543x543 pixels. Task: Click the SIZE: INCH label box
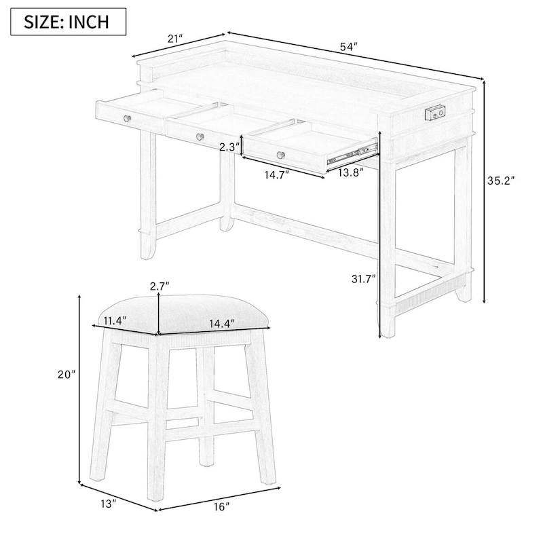(x=67, y=21)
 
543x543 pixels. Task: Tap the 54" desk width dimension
(x=349, y=47)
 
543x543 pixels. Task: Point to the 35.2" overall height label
(x=502, y=181)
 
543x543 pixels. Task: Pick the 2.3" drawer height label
(x=229, y=147)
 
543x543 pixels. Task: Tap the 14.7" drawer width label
(x=276, y=174)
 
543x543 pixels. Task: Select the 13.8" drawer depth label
(x=350, y=172)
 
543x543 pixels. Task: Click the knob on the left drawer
(x=126, y=119)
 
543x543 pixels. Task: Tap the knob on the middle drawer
(x=200, y=137)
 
